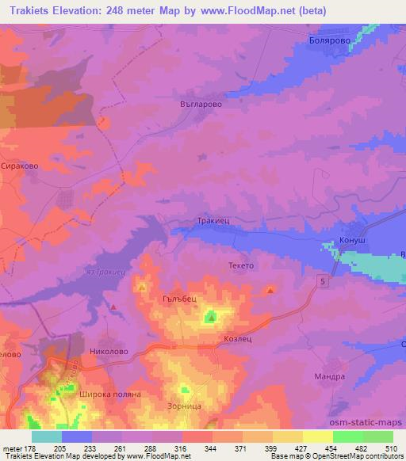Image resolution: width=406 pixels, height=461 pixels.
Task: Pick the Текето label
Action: click(x=241, y=266)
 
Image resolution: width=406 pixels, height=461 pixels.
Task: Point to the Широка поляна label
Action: click(x=109, y=394)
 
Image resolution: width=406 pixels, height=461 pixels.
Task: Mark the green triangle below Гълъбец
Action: click(x=211, y=318)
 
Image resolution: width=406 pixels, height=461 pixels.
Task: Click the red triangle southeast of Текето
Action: click(x=270, y=290)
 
